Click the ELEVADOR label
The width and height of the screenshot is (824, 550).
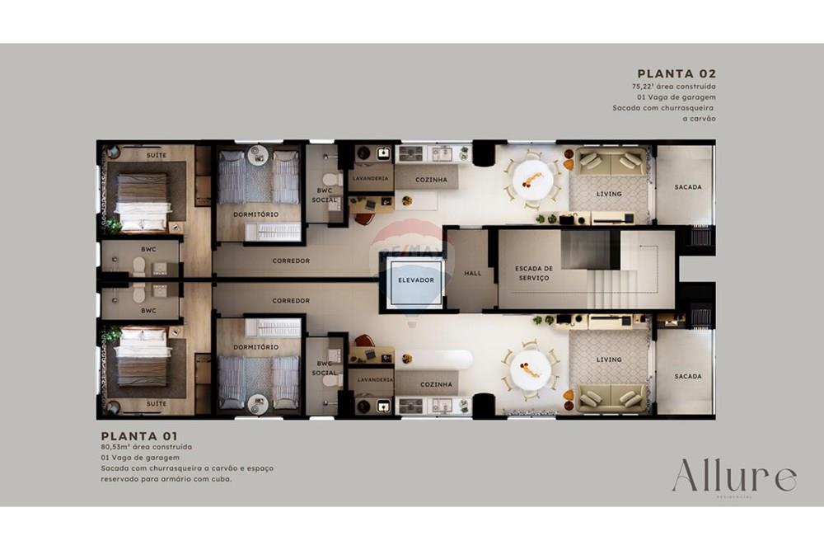pyautogui.click(x=416, y=280)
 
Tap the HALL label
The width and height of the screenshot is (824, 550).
pyautogui.click(x=472, y=274)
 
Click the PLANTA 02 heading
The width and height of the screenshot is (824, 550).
pyautogui.click(x=677, y=73)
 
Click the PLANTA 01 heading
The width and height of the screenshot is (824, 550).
pyautogui.click(x=138, y=435)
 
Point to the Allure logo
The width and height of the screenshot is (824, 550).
pyautogui.click(x=733, y=477)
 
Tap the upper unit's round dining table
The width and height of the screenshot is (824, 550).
pyautogui.click(x=531, y=176)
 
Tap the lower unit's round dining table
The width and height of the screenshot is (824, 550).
pyautogui.click(x=529, y=370)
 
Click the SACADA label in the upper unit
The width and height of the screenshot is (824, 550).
pyautogui.click(x=688, y=187)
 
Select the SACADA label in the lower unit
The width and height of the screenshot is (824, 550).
pyautogui.click(x=688, y=377)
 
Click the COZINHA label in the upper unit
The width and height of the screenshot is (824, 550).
pyautogui.click(x=432, y=179)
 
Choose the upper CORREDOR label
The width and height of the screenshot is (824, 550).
pyautogui.click(x=291, y=261)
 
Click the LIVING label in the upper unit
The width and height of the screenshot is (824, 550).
pyautogui.click(x=609, y=195)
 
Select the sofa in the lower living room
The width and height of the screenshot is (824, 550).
pyautogui.click(x=611, y=398)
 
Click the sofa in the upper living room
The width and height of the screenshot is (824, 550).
pyautogui.click(x=611, y=161)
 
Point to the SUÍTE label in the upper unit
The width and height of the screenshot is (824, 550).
pyautogui.click(x=157, y=155)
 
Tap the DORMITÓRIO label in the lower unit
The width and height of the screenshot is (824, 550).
pyautogui.click(x=255, y=347)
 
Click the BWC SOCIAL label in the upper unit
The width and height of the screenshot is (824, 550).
pyautogui.click(x=325, y=195)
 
